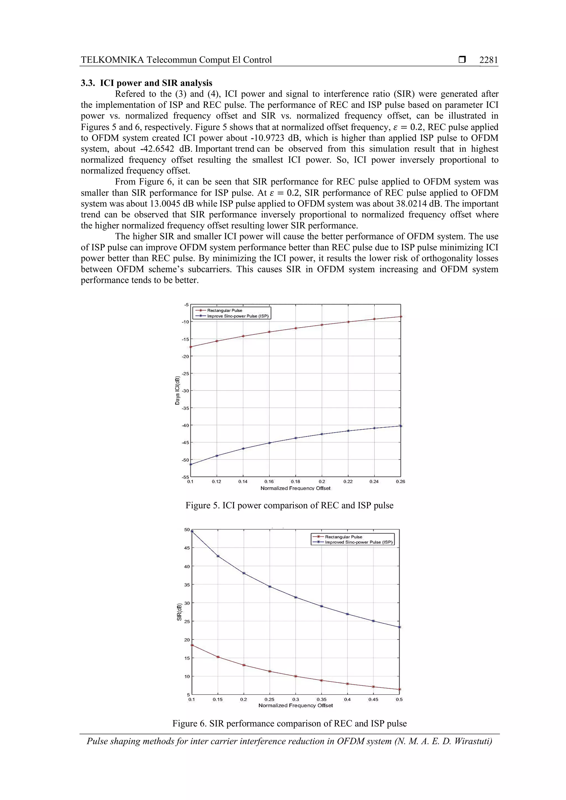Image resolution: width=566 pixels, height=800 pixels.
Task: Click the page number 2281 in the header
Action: point(488,60)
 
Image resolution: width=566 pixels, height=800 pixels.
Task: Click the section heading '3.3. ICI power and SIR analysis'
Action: point(146,83)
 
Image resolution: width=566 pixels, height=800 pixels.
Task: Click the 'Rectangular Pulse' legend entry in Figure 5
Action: point(224,310)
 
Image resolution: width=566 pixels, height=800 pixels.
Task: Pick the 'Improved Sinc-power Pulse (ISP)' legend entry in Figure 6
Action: point(359,542)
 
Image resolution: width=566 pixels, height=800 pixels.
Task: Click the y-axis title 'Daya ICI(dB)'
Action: point(177,391)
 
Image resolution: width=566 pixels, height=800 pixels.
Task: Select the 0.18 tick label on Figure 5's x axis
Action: point(295,481)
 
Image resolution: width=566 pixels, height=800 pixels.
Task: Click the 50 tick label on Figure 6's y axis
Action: point(187,530)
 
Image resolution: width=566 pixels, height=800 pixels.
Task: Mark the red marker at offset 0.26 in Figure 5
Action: point(401,317)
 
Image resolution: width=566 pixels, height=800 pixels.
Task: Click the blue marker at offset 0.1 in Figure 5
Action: point(191,464)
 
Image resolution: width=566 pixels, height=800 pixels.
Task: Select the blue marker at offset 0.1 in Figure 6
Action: point(192,531)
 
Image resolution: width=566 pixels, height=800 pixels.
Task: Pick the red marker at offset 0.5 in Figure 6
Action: point(399,690)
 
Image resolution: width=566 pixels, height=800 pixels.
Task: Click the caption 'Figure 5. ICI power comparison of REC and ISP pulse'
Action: point(289,506)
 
